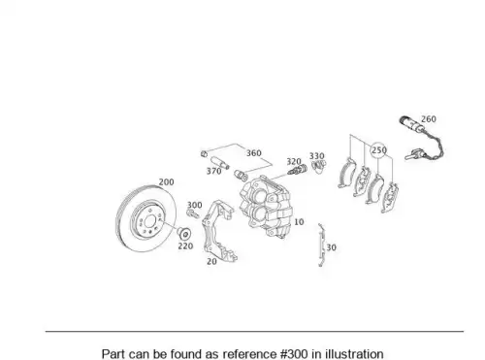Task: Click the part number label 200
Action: tap(166, 182)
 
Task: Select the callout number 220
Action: tap(185, 246)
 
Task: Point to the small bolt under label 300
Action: tap(193, 213)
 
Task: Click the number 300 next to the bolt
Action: tap(195, 205)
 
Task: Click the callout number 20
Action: tap(211, 261)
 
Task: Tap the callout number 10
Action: tap(299, 222)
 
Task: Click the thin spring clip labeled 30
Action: tap(321, 245)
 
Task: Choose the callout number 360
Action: tap(254, 153)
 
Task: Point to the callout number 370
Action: tap(214, 171)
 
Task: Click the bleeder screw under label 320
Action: tap(297, 170)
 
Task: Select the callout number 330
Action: tap(317, 156)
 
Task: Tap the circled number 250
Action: tap(379, 150)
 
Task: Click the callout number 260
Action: tap(429, 119)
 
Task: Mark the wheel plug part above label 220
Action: tap(184, 233)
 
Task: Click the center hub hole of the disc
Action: tap(149, 222)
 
